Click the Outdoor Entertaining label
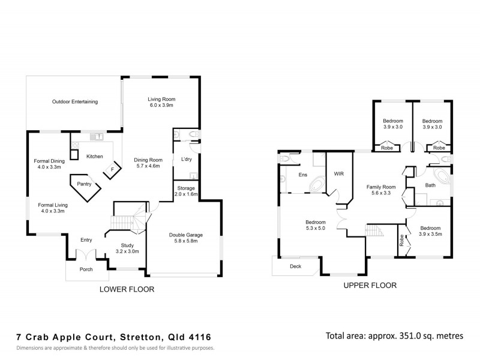coord(75,102)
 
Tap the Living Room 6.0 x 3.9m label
coord(161,102)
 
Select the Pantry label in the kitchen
coord(84,184)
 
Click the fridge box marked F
coord(111,170)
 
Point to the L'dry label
coord(186,159)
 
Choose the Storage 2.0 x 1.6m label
coord(185,191)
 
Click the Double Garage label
coord(185,236)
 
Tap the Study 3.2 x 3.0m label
coord(127,248)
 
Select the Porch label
coord(86,269)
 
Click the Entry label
coord(86,240)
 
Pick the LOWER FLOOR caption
coord(127,289)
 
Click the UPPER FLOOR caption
coord(370,286)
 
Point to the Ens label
coord(303,175)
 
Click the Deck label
coord(295,266)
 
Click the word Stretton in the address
coord(140,337)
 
